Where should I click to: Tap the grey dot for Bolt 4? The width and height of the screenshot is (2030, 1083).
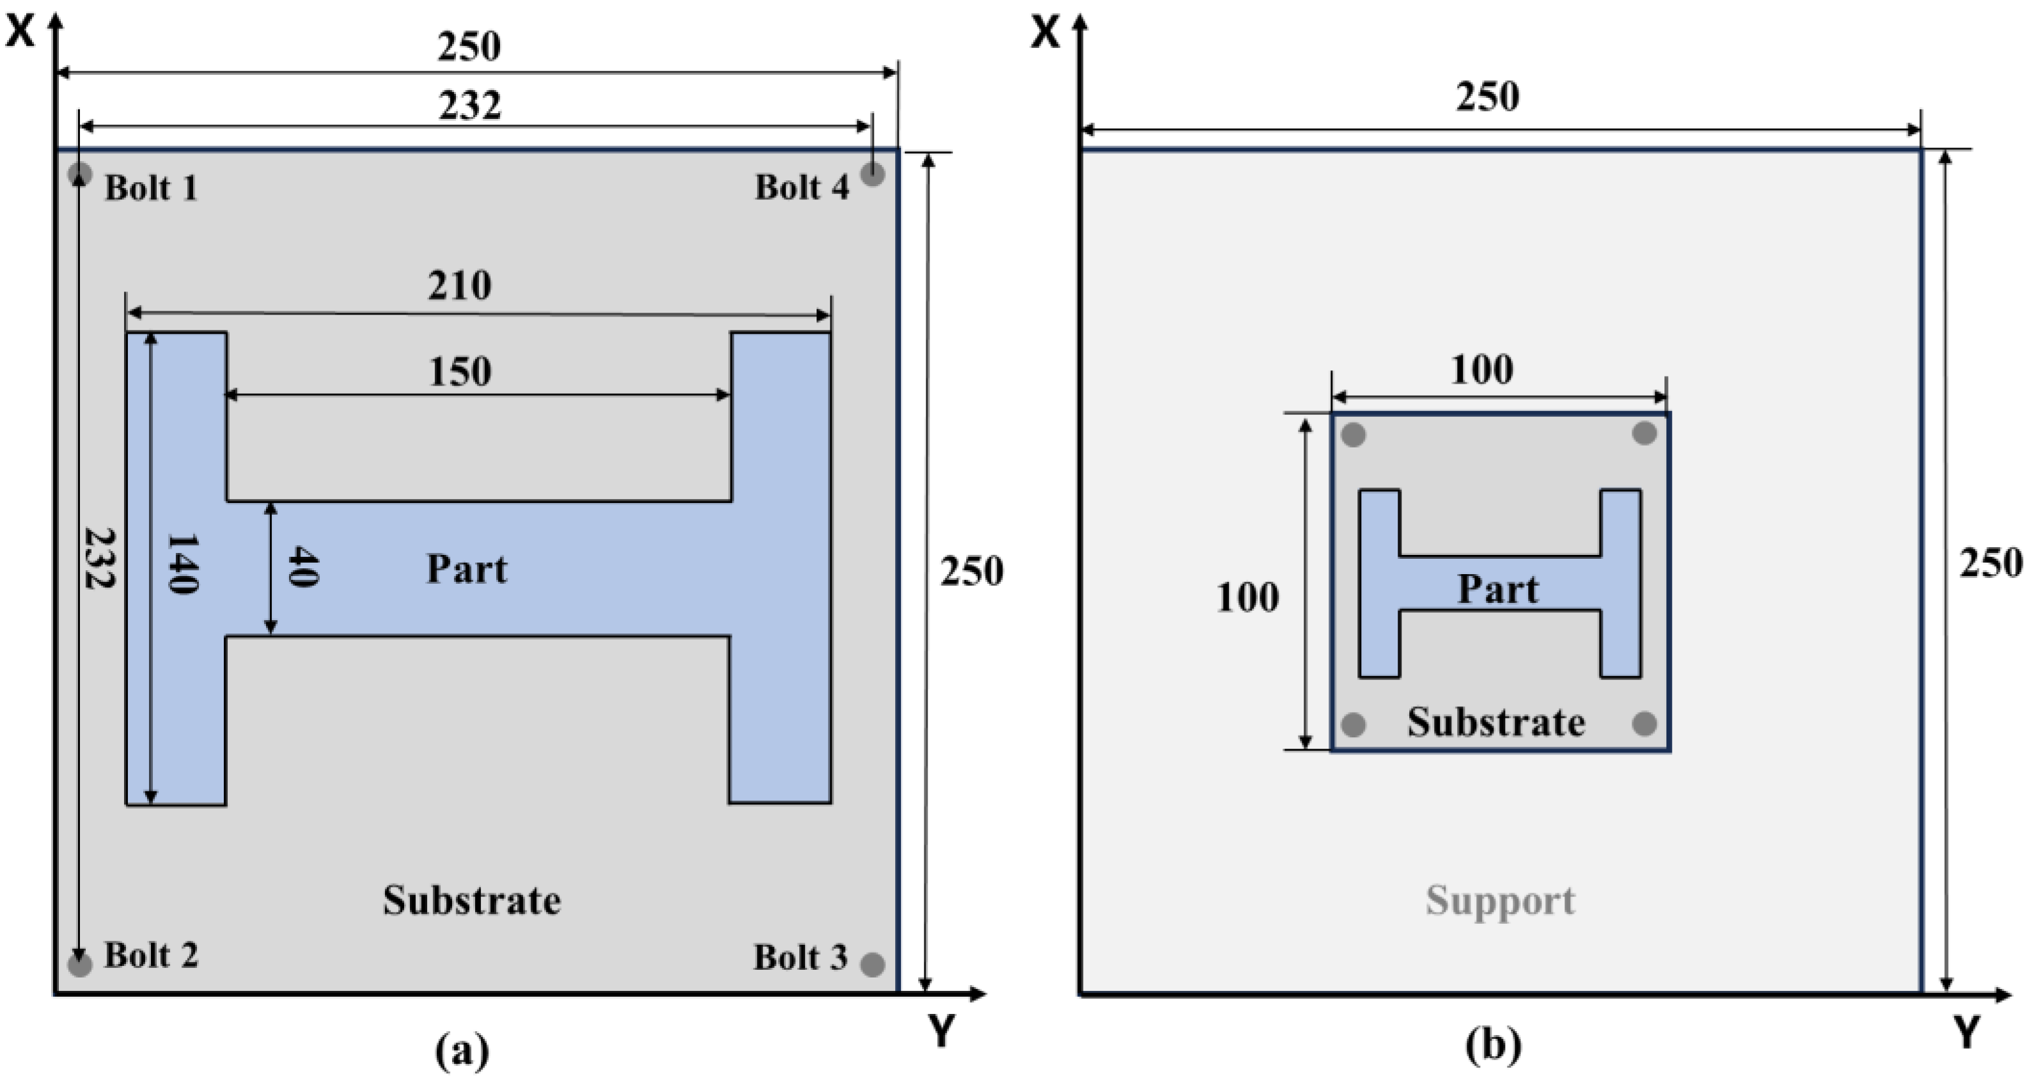click(x=871, y=174)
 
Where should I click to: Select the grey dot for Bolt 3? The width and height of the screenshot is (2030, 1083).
click(x=871, y=964)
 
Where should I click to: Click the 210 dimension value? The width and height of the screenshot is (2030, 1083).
click(x=460, y=285)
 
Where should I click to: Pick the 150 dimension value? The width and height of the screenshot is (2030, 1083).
click(x=460, y=371)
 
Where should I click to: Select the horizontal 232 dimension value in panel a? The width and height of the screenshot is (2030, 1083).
click(x=470, y=105)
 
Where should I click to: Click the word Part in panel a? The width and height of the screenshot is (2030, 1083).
click(x=467, y=568)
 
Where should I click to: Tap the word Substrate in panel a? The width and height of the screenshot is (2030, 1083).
click(x=471, y=900)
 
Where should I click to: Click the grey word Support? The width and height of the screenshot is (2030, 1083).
click(x=1500, y=900)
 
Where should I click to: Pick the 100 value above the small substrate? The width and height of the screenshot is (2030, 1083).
click(x=1481, y=370)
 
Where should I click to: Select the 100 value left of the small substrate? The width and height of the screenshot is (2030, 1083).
click(x=1247, y=598)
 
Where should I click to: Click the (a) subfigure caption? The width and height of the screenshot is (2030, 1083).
click(x=462, y=1050)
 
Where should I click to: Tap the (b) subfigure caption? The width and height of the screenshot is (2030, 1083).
click(x=1492, y=1047)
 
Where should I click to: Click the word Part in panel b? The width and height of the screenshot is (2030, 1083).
click(x=1497, y=589)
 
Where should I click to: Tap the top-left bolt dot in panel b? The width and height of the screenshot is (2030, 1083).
click(x=1353, y=434)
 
